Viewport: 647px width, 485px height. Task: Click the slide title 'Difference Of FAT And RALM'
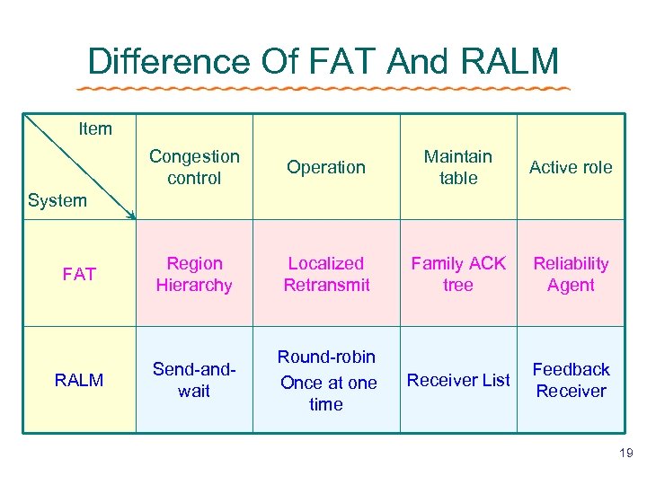323,61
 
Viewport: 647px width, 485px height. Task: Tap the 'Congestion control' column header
194,167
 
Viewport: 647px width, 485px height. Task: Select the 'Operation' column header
326,167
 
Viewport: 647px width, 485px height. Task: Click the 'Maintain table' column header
458,167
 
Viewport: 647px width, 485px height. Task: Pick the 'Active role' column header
571,167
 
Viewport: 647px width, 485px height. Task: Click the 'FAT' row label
79,274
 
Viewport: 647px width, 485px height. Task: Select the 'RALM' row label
79,380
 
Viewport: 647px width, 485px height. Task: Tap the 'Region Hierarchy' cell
194,274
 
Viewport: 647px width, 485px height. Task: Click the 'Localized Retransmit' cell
326,274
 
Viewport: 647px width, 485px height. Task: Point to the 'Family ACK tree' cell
458,274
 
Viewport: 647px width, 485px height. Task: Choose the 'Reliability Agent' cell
571,274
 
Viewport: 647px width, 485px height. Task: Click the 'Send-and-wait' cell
194,380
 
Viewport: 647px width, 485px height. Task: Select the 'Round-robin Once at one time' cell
326,381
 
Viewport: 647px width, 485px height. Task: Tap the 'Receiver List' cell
458,380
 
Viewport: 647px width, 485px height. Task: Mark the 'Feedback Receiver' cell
571,380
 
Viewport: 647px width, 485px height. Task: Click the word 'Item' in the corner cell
95,128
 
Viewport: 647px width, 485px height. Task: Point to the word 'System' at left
57,200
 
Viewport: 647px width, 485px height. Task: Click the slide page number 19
625,454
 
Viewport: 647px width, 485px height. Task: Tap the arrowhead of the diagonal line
131,216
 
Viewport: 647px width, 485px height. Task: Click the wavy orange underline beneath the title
323,88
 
